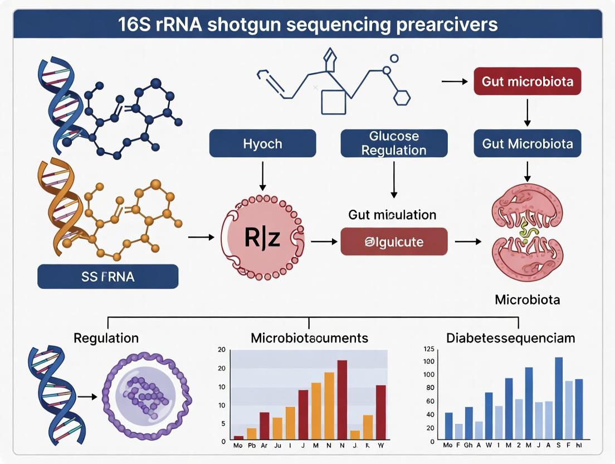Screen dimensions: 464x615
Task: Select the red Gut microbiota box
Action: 527,82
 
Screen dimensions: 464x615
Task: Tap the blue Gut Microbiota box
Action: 527,144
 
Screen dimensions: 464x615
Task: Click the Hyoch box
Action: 262,144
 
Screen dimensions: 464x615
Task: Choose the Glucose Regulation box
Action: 393,143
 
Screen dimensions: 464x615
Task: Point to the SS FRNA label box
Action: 108,276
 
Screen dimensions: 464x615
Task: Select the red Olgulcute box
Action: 394,242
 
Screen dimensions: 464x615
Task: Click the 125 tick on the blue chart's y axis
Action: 428,349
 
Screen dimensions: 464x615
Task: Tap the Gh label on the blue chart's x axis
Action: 468,446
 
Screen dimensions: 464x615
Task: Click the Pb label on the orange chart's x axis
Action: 251,446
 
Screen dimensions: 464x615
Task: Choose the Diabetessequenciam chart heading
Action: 510,338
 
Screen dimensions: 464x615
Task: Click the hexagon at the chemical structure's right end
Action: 402,98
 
